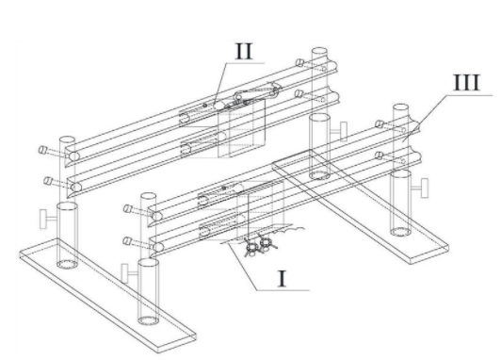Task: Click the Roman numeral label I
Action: (282, 278)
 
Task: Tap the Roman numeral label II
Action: (244, 51)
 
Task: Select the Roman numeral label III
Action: (467, 83)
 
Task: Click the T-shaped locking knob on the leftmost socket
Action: (47, 219)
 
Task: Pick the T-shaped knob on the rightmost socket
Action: (420, 188)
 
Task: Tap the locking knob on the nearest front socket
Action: (129, 273)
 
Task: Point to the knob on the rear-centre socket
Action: (339, 131)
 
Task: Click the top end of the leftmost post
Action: (67, 140)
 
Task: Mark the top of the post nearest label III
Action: (400, 107)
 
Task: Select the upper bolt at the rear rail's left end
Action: (42, 150)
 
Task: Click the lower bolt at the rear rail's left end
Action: (48, 181)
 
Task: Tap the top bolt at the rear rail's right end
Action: (299, 62)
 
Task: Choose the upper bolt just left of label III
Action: (380, 124)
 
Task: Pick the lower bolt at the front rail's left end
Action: (127, 241)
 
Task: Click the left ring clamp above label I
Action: (252, 248)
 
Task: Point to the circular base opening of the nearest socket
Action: (148, 320)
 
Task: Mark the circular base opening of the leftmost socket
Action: (67, 265)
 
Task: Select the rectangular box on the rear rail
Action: (241, 128)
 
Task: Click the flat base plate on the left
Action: (107, 296)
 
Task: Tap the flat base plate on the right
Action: (360, 206)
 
